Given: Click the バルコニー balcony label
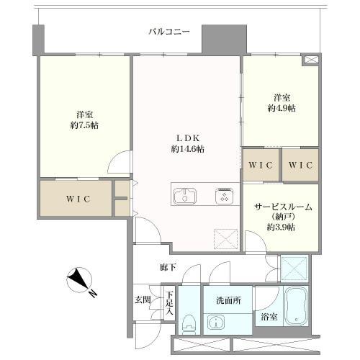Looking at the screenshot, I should click(x=169, y=32).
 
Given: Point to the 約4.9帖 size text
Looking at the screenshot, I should click(x=281, y=107).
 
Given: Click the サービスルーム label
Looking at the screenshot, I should click(x=282, y=207).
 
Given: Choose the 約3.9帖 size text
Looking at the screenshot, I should click(x=282, y=227).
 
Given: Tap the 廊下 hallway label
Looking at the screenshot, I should click(x=168, y=267).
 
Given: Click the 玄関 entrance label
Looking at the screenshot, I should click(x=142, y=299).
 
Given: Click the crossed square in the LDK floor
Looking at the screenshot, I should click(x=225, y=238).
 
